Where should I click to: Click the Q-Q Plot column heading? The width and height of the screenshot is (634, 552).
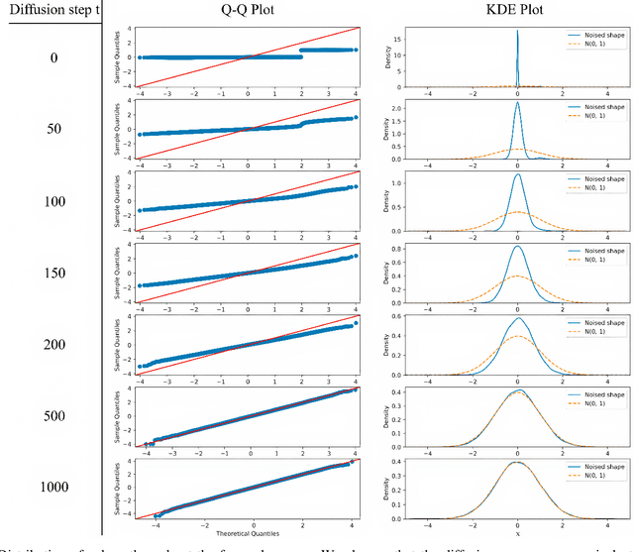(x=248, y=12)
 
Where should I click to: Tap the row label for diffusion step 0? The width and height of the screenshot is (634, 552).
(x=53, y=56)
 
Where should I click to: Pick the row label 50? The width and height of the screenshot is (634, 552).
(x=53, y=129)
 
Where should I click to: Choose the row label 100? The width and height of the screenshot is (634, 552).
(x=53, y=202)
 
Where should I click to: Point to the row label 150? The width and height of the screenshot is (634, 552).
(x=53, y=274)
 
